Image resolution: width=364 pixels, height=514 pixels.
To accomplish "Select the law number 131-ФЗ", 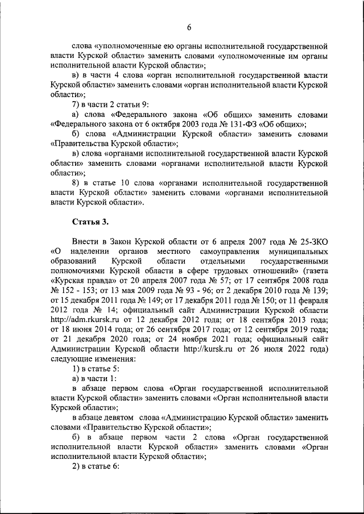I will coord(243,124).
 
